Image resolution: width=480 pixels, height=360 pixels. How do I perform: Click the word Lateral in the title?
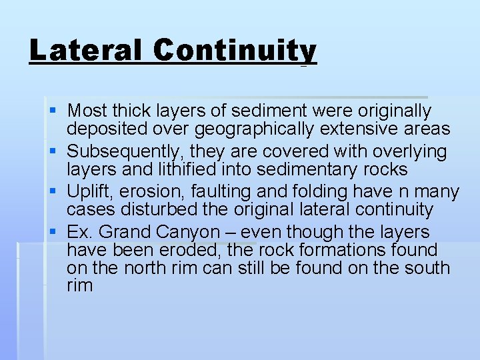pos(85,51)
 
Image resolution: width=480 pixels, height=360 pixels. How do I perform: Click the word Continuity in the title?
pos(234,51)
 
